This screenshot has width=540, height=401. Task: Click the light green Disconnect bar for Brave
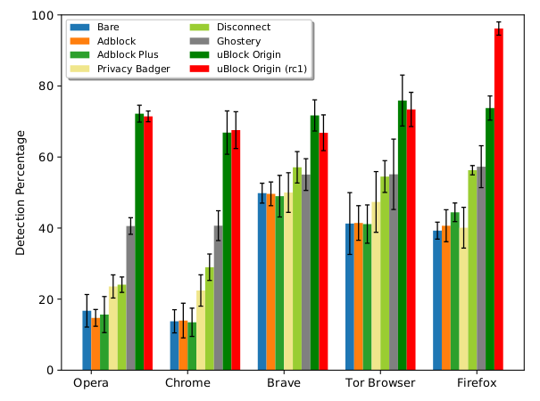point(297,268)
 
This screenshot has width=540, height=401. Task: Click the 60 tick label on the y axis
point(47,157)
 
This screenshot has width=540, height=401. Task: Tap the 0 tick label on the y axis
point(51,370)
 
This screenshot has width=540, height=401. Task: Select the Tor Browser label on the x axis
point(380,383)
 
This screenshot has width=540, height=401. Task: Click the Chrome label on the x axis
point(187,383)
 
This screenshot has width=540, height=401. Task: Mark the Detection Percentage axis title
point(21,192)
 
